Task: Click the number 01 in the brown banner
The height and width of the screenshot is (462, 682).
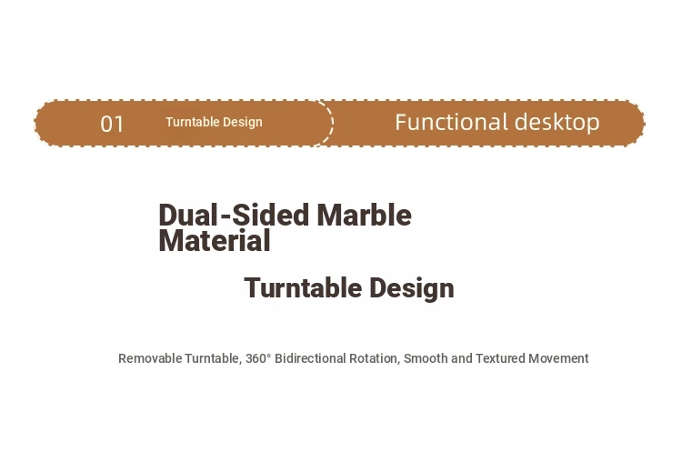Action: point(112,124)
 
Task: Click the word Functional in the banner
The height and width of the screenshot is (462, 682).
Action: point(451,122)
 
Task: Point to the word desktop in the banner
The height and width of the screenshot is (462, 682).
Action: point(557,122)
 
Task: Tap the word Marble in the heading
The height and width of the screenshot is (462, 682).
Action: point(364,215)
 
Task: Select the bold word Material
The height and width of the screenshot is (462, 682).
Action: point(215,241)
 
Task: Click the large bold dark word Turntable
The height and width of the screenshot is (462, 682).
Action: point(303,287)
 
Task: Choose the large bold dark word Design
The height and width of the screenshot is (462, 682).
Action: point(412,289)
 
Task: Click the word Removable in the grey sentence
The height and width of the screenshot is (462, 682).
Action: point(150,358)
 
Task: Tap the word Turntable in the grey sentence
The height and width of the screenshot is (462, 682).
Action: point(212,359)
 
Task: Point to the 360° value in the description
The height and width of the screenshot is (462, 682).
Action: point(258,358)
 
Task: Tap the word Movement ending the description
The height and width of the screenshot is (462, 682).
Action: point(558,358)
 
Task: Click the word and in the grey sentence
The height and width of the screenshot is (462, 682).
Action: point(462,358)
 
